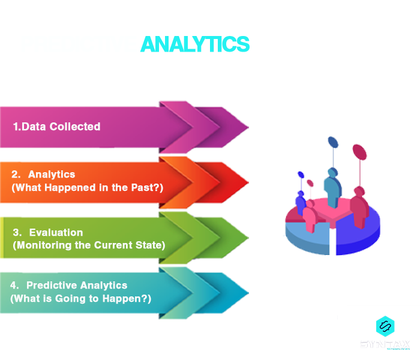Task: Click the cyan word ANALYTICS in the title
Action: [x=194, y=44]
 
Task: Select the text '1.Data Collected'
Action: [x=56, y=127]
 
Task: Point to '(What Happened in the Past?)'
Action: [x=88, y=187]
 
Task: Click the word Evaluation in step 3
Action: [x=56, y=232]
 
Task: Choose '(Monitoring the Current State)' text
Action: [x=89, y=245]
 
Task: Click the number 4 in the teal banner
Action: [x=14, y=286]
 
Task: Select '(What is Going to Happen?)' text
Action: [x=81, y=298]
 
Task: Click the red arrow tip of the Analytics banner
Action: [x=237, y=182]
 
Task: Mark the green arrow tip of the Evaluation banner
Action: [x=237, y=236]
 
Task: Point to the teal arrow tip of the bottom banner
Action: [x=237, y=292]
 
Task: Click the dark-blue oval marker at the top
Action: [x=332, y=142]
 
